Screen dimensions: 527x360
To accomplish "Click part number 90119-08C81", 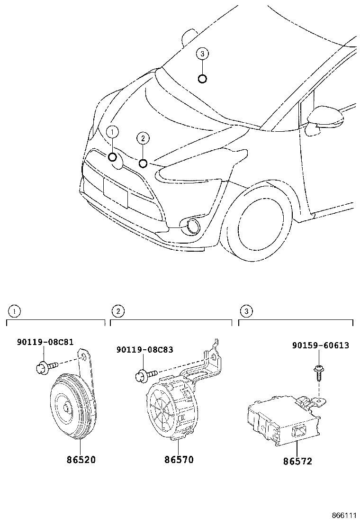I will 45,342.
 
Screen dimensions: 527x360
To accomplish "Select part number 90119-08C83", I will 144,350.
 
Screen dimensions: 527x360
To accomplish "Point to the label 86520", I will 80,460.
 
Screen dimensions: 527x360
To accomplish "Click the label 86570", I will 179,460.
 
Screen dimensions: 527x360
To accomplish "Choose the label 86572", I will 297,461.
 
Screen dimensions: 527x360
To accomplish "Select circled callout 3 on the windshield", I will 202,54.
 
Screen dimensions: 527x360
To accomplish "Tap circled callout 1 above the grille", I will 112,132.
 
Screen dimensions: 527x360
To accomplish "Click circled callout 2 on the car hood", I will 143,138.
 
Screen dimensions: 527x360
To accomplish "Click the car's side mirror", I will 324,118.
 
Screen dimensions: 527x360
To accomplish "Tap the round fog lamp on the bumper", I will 193,227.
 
